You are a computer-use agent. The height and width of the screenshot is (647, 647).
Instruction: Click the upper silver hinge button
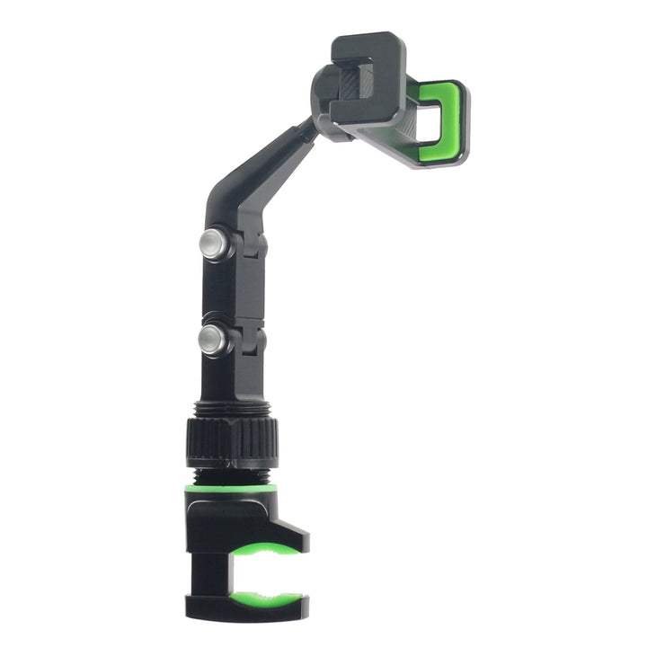[212, 244]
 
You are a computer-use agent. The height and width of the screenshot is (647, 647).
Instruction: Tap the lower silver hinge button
[211, 339]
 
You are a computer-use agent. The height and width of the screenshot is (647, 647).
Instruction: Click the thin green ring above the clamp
[229, 489]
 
